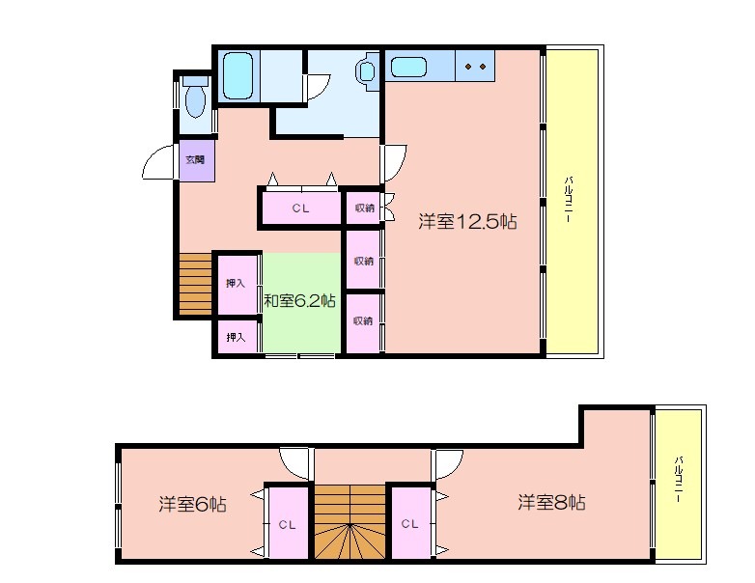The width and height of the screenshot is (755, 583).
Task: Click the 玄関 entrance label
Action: click(x=195, y=159)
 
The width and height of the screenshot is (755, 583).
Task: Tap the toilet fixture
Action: click(x=195, y=97)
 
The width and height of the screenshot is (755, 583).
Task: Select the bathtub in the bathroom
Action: click(x=238, y=76)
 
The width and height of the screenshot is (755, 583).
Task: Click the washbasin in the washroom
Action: click(x=366, y=71)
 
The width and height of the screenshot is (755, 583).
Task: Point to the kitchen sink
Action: click(x=408, y=67)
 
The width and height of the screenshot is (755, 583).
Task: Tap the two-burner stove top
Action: click(x=475, y=66)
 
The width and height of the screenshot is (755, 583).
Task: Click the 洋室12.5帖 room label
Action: click(x=467, y=222)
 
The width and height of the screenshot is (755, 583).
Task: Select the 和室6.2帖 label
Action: click(x=299, y=301)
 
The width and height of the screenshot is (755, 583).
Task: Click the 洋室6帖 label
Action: click(x=192, y=504)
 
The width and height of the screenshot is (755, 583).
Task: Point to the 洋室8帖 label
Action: click(x=552, y=503)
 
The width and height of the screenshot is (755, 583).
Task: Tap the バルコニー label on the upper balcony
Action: click(x=568, y=199)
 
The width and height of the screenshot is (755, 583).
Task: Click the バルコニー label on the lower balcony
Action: click(x=678, y=479)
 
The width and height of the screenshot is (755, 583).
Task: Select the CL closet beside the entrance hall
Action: click(x=301, y=208)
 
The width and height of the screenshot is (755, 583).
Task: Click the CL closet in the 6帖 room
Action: click(x=288, y=524)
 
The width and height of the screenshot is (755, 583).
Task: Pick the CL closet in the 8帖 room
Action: click(x=409, y=523)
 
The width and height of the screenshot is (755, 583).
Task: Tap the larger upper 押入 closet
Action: click(x=236, y=284)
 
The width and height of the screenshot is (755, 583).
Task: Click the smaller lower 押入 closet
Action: click(x=236, y=337)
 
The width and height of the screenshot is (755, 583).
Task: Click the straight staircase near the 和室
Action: click(x=195, y=284)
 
